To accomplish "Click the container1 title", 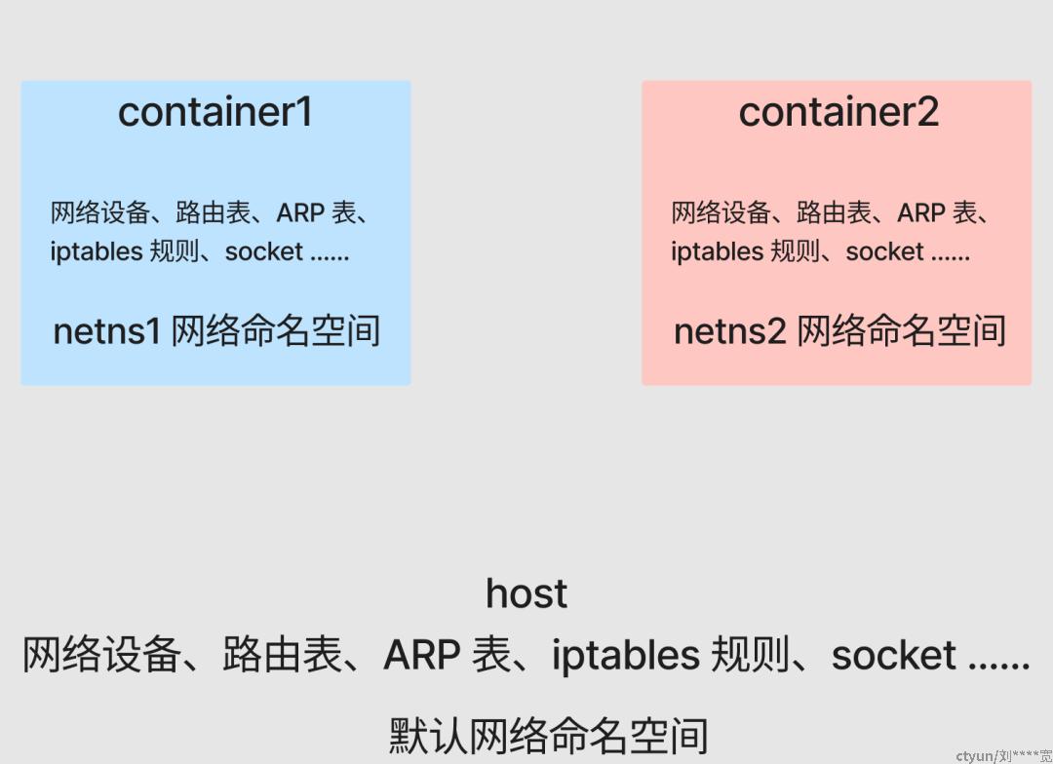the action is tap(214, 111).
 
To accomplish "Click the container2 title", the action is tap(838, 111).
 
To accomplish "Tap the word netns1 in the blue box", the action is tap(106, 331).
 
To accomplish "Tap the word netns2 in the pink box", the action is tap(729, 331).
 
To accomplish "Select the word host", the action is tap(526, 593).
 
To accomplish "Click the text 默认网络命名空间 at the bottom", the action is tap(549, 736).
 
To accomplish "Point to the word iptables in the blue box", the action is tap(96, 251).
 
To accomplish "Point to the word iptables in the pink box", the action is tap(718, 251).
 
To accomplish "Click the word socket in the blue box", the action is tap(264, 251).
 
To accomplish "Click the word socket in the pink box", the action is tap(884, 251).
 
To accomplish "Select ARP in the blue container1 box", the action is tap(301, 213).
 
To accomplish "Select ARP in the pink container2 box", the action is tap(921, 213).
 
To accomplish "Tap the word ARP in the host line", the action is tap(422, 655).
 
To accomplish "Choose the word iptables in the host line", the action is tap(625, 656).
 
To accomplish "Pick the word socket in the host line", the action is tap(894, 655).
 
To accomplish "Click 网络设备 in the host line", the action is tap(101, 655).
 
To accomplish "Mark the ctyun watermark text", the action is tap(1003, 756).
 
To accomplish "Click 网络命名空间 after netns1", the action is tap(276, 331).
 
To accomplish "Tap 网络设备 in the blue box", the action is tap(100, 213).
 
